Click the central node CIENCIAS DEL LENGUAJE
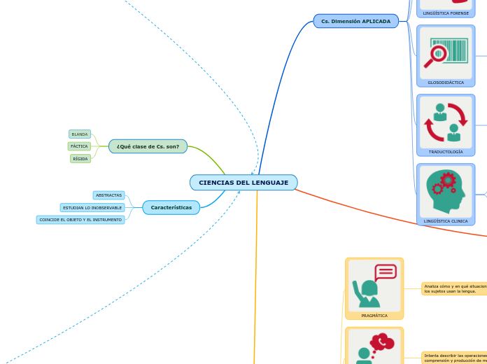[x=243, y=183]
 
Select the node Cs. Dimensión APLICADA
[x=355, y=22]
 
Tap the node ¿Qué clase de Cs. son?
[x=148, y=146]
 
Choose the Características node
[x=171, y=208]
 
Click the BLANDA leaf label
[x=80, y=134]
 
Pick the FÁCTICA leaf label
[x=79, y=146]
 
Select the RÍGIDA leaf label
[x=80, y=159]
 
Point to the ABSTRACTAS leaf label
[x=108, y=195]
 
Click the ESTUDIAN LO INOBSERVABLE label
[x=92, y=208]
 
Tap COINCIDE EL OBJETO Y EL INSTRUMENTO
[x=80, y=220]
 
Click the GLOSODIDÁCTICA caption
[x=446, y=83]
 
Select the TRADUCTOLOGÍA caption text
[x=446, y=152]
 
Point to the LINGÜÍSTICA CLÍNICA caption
[x=446, y=221]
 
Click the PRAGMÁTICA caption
[x=374, y=316]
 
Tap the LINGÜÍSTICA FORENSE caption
[x=446, y=13]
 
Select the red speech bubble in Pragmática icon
[x=386, y=272]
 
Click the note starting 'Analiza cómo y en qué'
[x=454, y=288]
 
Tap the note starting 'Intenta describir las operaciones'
[x=454, y=358]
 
